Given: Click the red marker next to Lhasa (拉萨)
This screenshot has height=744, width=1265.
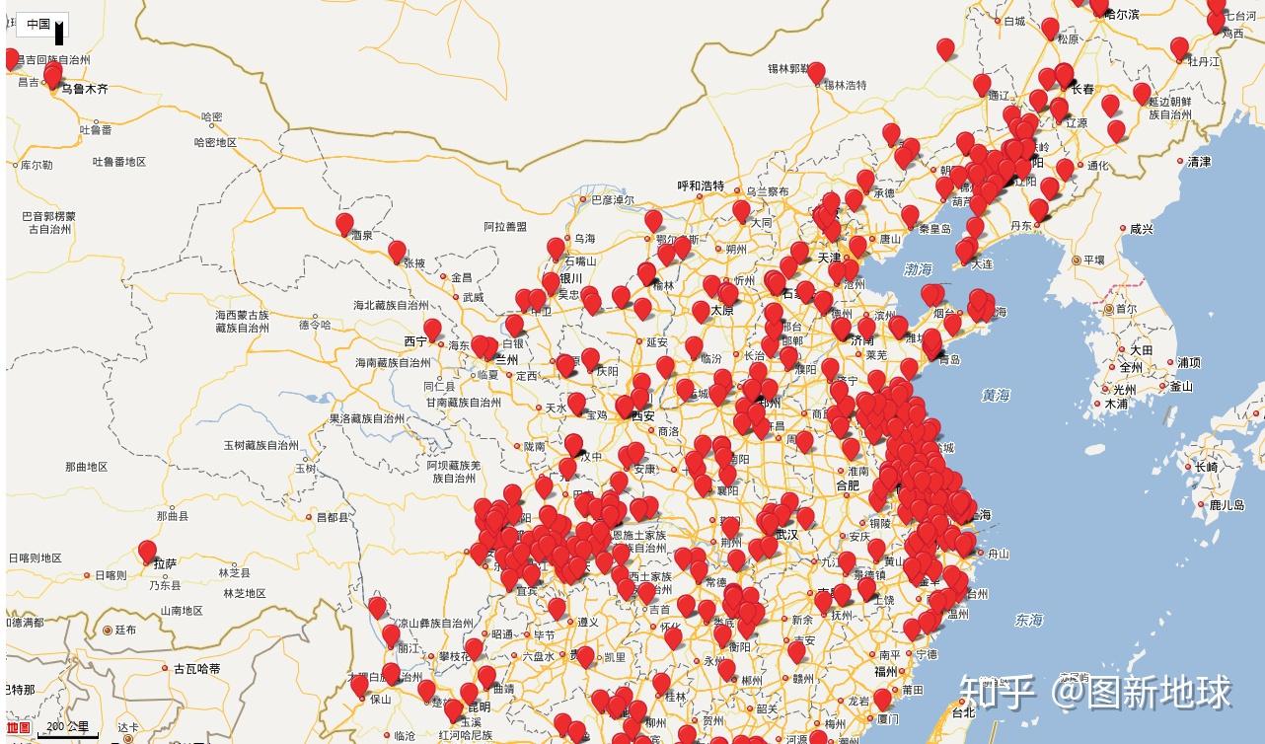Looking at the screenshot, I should tap(147, 551).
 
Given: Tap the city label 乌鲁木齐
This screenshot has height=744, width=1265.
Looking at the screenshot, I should tap(85, 89).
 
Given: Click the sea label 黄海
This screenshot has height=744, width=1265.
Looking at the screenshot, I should tap(996, 395).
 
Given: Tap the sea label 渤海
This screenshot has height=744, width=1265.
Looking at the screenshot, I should tap(918, 268).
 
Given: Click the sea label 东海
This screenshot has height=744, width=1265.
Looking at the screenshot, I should tap(1028, 620).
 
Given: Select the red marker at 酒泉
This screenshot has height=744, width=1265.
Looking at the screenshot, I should tap(344, 223).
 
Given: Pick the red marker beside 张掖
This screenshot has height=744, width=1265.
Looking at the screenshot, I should tap(397, 252).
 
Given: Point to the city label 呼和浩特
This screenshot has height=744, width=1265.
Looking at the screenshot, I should tap(701, 186).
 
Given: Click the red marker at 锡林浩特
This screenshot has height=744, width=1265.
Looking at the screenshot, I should tap(816, 71).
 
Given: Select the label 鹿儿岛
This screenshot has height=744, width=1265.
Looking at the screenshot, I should tap(1227, 505).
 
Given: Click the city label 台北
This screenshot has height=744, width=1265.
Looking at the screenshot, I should tap(963, 711).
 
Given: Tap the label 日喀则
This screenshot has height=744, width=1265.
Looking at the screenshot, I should tap(110, 574).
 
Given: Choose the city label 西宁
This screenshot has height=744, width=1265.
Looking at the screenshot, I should tap(415, 341).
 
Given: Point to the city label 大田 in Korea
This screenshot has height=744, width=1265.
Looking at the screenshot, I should tap(1141, 350).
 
